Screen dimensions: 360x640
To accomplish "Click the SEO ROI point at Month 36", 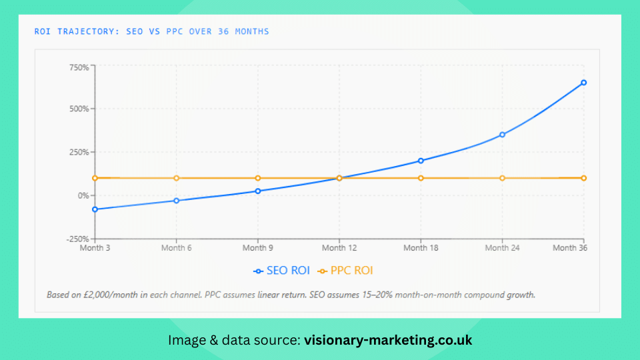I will (x=583, y=83).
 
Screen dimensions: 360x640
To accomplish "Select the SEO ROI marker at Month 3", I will (x=95, y=209).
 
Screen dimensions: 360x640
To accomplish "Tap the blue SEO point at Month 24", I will (x=502, y=135).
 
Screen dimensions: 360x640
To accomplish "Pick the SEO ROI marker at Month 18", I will (x=421, y=161).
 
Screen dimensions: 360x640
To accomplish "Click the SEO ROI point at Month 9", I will (x=257, y=191).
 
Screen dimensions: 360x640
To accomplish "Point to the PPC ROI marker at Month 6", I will (x=176, y=178).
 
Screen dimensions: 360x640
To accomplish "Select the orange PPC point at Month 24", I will (x=502, y=178).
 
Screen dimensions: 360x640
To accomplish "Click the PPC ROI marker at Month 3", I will (x=95, y=178).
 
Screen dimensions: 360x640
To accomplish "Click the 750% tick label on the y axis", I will (x=79, y=67).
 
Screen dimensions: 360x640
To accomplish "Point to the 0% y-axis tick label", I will (x=82, y=195).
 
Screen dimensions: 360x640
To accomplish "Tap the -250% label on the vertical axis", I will (x=76, y=239).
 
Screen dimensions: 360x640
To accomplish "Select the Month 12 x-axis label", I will (x=339, y=249).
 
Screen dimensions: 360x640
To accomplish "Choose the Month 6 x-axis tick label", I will (x=176, y=249).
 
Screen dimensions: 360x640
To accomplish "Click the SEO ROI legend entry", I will (x=281, y=271).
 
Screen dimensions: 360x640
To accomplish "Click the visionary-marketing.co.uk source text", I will (x=388, y=340).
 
